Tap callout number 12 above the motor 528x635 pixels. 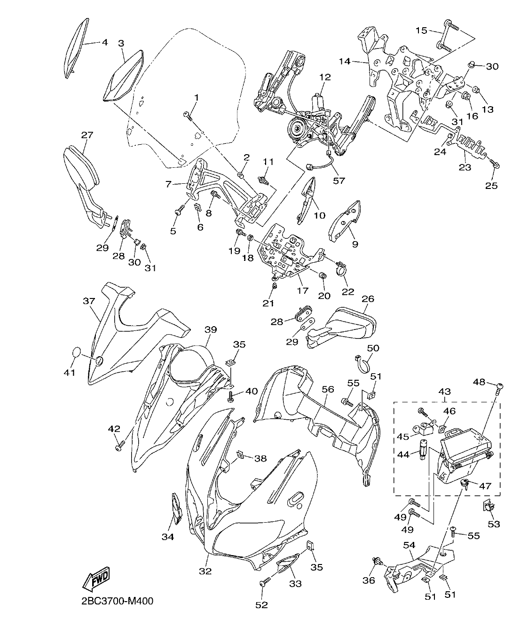(x=325, y=77)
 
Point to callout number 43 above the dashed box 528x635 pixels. (x=444, y=391)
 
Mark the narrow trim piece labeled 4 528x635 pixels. (x=76, y=46)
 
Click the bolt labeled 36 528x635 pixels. (x=377, y=560)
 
